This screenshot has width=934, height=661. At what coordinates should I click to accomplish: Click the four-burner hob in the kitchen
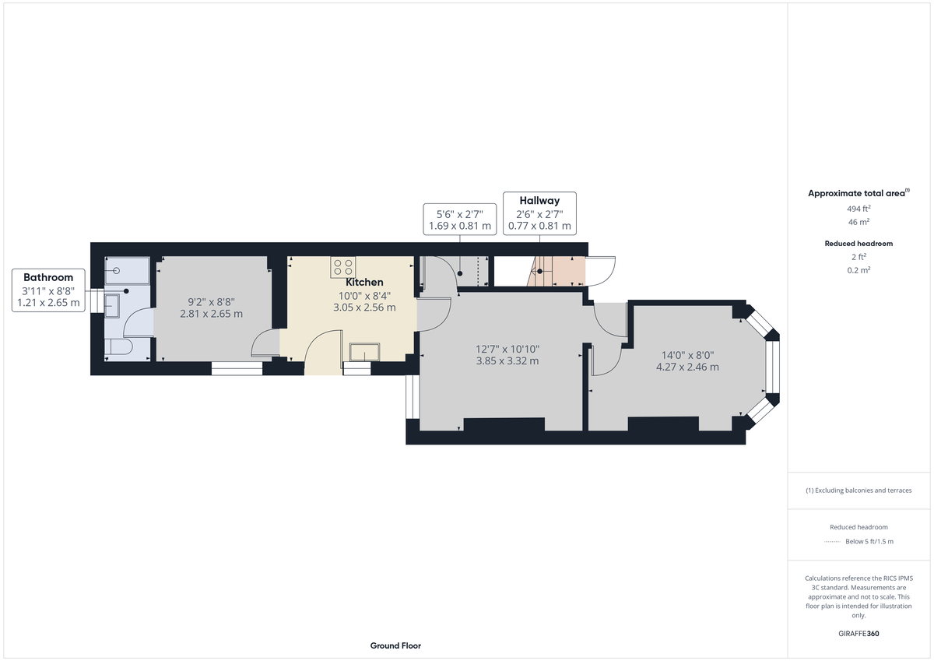point(343,265)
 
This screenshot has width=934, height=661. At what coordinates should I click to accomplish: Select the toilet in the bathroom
point(118,346)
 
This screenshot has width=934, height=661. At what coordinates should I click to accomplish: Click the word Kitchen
point(364,282)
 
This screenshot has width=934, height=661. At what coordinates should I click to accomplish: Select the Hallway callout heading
point(539,201)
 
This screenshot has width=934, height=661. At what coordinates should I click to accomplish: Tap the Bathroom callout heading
point(48,277)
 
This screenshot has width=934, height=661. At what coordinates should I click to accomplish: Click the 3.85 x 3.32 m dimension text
point(507,360)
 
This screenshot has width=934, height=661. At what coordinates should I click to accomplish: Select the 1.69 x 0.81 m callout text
point(460,227)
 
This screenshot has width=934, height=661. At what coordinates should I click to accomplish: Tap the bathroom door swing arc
point(139,324)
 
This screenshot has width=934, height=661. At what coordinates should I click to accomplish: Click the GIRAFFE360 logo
point(859,634)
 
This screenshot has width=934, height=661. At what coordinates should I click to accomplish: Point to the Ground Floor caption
point(395,645)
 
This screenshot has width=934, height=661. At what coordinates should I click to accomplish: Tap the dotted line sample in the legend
point(832,541)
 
